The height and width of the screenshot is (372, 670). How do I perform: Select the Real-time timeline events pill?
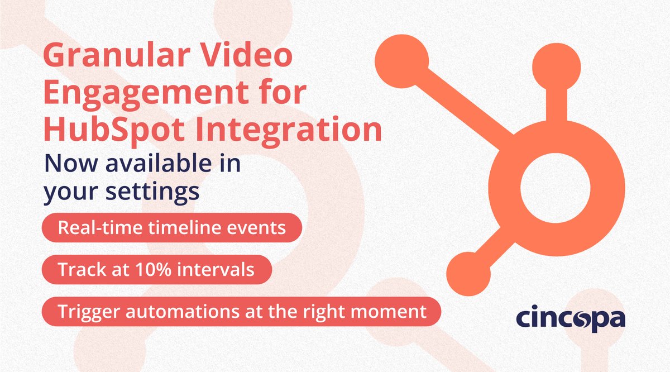172,229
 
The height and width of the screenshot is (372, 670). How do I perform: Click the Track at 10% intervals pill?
156,270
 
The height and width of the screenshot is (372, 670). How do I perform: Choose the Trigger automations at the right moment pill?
242,311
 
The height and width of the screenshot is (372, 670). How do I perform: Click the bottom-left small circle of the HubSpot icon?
468,271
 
